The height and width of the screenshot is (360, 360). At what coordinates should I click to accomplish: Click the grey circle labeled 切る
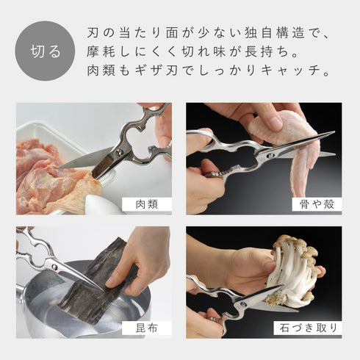pos(45,51)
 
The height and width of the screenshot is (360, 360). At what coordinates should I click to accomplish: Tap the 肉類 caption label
pos(147,204)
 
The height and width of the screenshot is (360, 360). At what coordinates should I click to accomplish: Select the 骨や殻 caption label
pos(317,204)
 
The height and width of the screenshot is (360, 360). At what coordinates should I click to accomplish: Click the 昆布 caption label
pos(147,328)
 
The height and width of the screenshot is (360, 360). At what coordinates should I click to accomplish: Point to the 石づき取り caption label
pos(308,328)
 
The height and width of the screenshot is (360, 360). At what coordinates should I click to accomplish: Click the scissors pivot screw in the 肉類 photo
pos(120,152)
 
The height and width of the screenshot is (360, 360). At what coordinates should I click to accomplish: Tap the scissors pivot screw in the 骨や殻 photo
pos(270,155)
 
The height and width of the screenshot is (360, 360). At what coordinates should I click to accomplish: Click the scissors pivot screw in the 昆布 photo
pos(54,267)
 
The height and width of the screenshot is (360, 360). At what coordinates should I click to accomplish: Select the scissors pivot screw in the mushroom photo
pos(244,304)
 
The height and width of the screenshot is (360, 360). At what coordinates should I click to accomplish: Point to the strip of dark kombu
pos(98,281)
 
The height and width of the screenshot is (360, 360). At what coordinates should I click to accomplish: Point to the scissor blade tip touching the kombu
pos(102,289)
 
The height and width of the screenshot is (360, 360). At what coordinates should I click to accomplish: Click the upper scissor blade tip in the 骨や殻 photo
pos(334,132)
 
